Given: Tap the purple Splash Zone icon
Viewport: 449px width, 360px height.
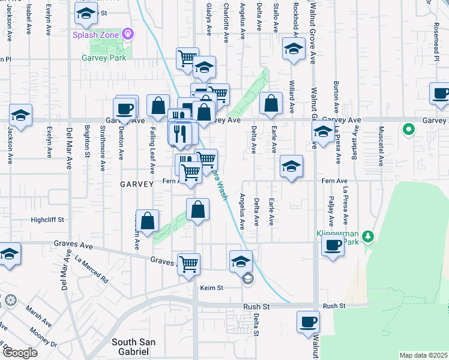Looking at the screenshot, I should [x=127, y=34].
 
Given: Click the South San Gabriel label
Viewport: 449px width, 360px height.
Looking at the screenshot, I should [x=134, y=346].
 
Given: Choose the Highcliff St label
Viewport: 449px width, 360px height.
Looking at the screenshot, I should [x=47, y=220].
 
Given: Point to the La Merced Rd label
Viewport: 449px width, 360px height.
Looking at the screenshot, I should [x=91, y=270].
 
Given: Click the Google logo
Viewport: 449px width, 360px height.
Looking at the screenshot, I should [x=20, y=352].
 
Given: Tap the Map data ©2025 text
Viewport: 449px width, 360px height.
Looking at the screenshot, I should [x=423, y=355].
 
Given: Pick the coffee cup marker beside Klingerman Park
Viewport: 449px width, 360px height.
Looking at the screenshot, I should [x=333, y=244].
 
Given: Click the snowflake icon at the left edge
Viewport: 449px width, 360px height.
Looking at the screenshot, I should [x=10, y=299].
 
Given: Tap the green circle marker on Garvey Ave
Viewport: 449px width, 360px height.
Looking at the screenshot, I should [x=409, y=128].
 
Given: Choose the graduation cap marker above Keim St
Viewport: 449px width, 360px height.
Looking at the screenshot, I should [x=240, y=262].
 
